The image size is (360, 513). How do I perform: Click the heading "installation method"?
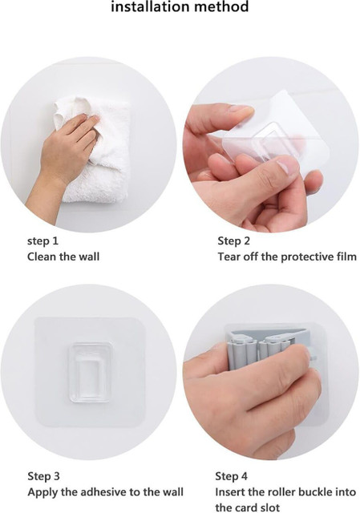[x=180, y=6]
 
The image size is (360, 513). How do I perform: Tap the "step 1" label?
[x=42, y=241]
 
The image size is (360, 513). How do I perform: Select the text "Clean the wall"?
[x=63, y=256]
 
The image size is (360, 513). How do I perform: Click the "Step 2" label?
[x=233, y=241]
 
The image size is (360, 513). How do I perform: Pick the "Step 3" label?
[x=43, y=476]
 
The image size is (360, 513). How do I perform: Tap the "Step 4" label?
[x=231, y=476]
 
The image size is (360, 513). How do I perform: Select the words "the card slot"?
[x=248, y=507]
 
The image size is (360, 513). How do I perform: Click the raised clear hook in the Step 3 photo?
[x=89, y=372]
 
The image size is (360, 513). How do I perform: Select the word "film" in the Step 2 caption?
[x=346, y=256]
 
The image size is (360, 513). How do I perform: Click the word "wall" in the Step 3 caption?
[x=172, y=491]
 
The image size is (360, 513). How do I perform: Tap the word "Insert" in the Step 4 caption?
[x=230, y=491]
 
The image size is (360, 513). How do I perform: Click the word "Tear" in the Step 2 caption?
[x=229, y=256]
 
